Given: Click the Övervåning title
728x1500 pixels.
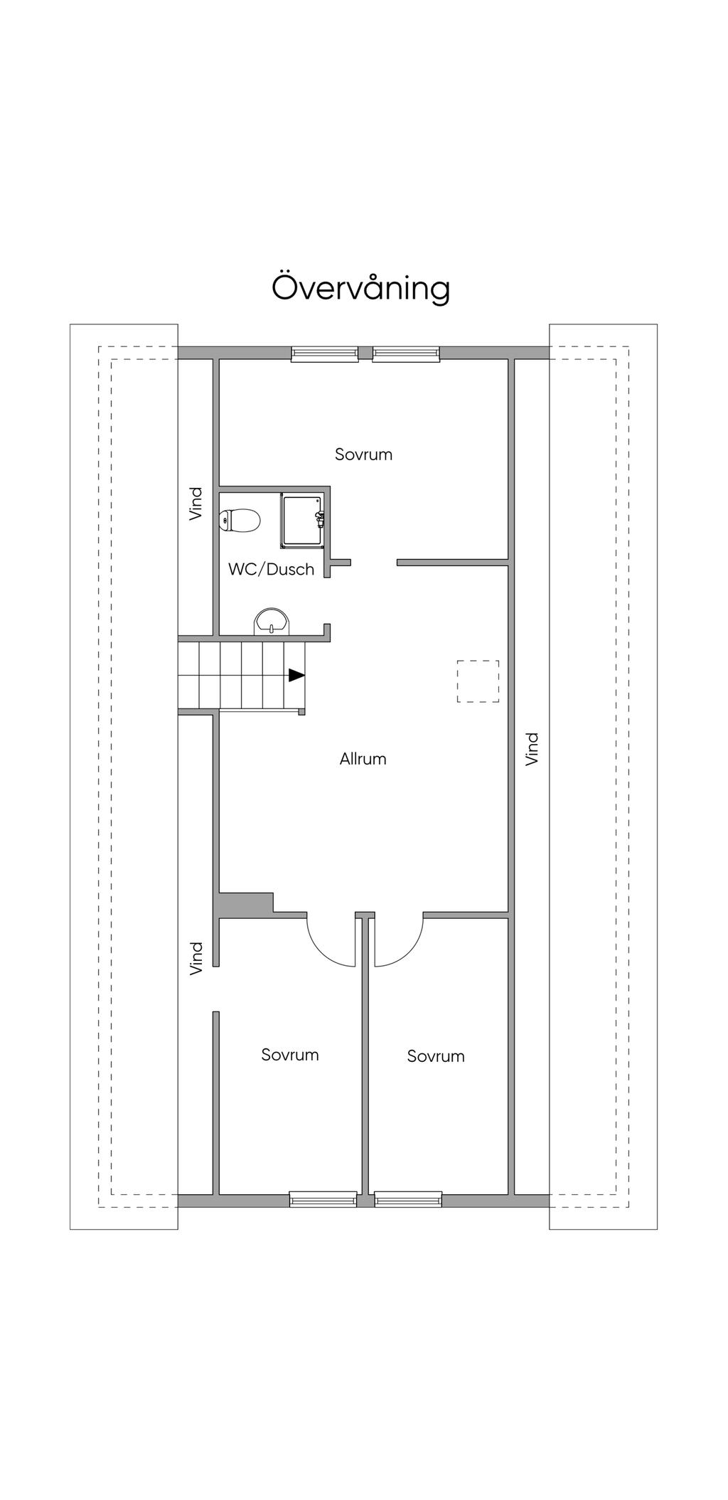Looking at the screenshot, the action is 361,288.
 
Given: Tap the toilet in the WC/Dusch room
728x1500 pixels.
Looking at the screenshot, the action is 240,521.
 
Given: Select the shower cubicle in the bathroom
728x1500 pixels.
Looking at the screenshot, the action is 303,521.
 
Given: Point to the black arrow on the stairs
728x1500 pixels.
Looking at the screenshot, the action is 296,675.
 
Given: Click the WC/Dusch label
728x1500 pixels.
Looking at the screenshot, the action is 272,569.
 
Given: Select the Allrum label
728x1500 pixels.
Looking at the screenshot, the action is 363,759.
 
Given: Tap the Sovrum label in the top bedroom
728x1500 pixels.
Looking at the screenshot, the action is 364,454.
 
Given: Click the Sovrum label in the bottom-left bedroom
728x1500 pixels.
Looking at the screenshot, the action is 290,1055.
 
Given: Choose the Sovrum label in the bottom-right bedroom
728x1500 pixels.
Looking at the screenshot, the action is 436,1056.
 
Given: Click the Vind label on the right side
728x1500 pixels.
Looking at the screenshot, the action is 532,749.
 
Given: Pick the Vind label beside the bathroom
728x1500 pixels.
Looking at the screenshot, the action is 196,504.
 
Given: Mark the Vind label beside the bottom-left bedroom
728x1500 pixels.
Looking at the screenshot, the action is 196,958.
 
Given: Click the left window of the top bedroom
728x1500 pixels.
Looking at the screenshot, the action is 325,353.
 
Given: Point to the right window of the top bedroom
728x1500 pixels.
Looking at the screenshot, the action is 406,353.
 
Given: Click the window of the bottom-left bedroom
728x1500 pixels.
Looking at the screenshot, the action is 323,1199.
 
